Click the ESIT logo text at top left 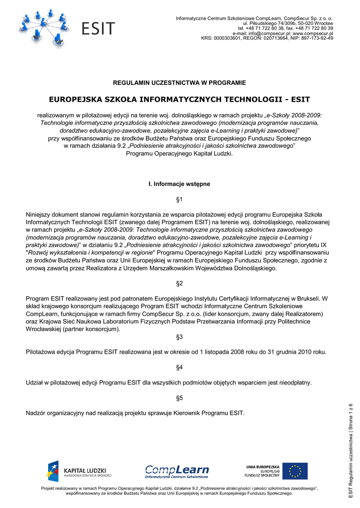(x=98, y=28)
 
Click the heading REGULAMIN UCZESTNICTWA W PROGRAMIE (x=180, y=82)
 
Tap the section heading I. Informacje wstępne (x=180, y=184)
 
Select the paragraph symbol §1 (x=180, y=199)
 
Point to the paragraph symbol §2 (x=180, y=283)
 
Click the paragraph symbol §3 (x=180, y=337)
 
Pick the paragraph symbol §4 (x=180, y=367)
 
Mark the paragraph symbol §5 (x=180, y=398)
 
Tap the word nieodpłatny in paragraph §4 (x=295, y=382)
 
